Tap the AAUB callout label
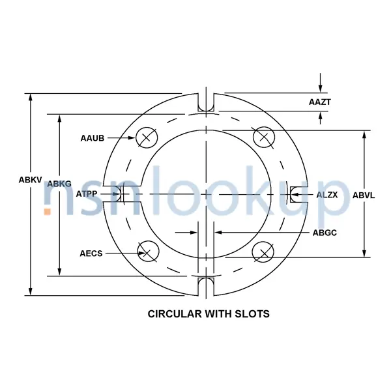(x=92, y=138)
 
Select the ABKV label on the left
(x=13, y=180)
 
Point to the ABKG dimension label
(x=59, y=184)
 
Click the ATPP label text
(x=87, y=194)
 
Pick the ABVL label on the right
(x=364, y=195)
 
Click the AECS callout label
(x=91, y=253)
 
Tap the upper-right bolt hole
(x=263, y=137)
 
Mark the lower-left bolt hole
(x=148, y=252)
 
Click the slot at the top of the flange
(x=206, y=103)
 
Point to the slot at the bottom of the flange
(x=206, y=284)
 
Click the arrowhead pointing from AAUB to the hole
(x=132, y=138)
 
